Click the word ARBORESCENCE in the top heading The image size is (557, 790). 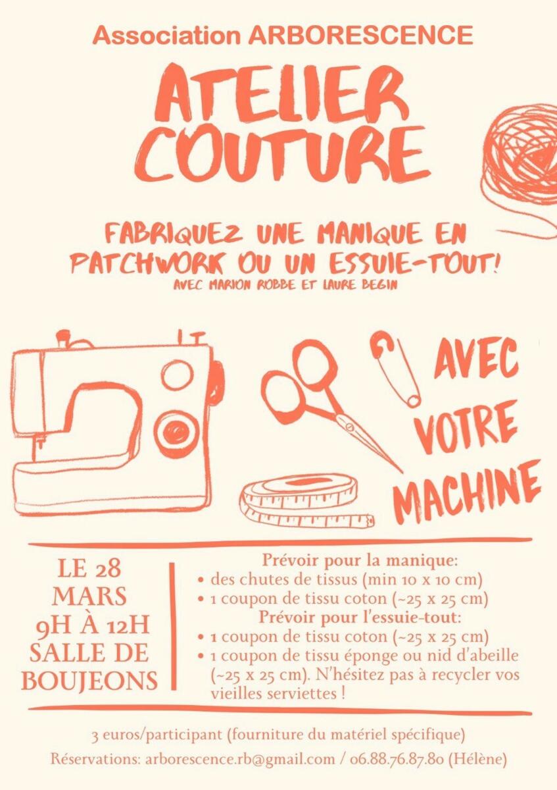360,36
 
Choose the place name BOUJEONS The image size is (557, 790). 89,681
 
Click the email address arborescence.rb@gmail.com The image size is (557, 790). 239,758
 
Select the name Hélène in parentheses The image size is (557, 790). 477,758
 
